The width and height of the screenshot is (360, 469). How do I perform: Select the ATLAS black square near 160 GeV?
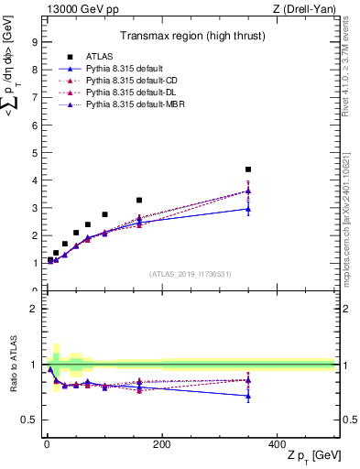pos(139,200)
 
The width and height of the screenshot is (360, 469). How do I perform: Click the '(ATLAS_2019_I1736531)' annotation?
pos(190,274)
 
